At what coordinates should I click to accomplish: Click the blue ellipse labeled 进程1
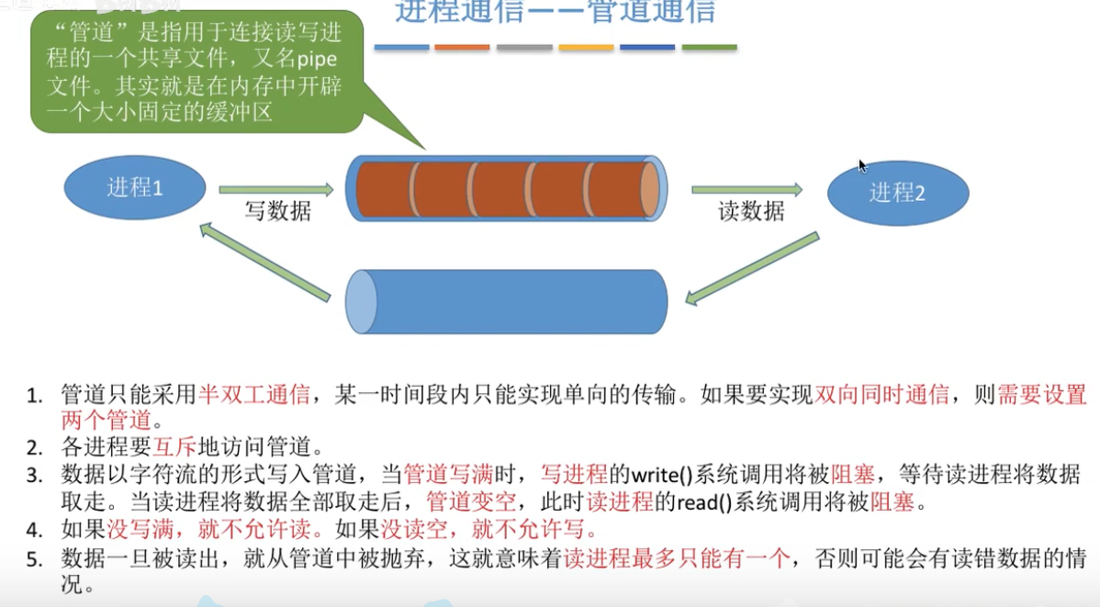pos(135,188)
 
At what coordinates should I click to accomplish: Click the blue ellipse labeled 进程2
pos(897,193)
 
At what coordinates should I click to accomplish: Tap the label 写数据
pos(277,211)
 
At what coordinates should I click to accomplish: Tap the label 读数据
pos(751,211)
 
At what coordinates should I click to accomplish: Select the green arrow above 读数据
pos(746,189)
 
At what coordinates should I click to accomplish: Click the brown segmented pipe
pos(506,188)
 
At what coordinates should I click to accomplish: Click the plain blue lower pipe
pos(506,302)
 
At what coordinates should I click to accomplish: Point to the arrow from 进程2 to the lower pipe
pos(751,268)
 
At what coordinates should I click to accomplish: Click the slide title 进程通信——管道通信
pos(555,13)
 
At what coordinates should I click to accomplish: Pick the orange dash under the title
pos(462,47)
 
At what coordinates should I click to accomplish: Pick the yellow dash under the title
pos(586,47)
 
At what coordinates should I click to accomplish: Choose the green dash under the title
pos(709,47)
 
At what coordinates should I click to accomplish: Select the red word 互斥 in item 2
pos(175,449)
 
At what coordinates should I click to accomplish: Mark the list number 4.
pos(35,531)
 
